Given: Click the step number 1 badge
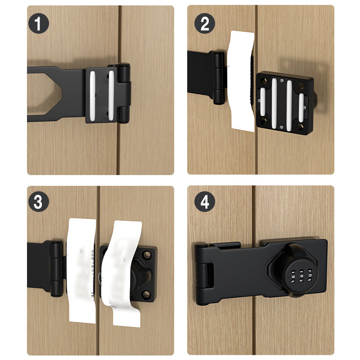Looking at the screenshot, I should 38,23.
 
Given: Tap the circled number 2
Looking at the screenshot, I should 204,23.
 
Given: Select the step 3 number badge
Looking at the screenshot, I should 38,202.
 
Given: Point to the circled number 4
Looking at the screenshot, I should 204,202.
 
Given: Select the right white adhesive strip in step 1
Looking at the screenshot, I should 110,95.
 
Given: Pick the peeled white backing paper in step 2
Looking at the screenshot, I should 243,81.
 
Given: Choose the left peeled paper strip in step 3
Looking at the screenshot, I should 82,270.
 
